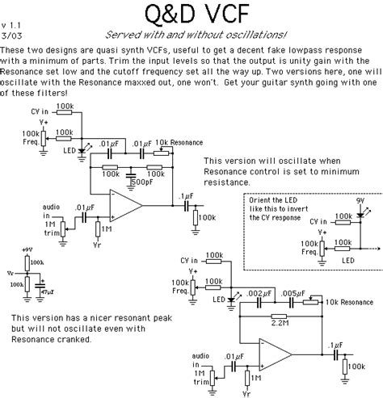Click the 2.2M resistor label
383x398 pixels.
280,321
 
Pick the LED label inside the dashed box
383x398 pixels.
347,260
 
